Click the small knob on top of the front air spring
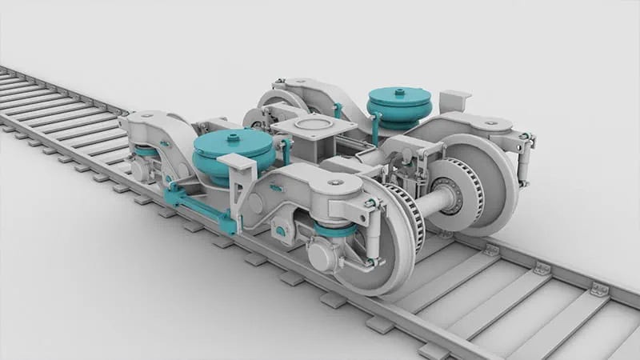tap(233, 138)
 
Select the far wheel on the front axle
tap(488, 184)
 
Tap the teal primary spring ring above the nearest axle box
tap(336, 230)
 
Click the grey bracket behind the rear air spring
tap(454, 101)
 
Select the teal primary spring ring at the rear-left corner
tap(146, 151)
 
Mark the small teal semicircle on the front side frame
tap(276, 187)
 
